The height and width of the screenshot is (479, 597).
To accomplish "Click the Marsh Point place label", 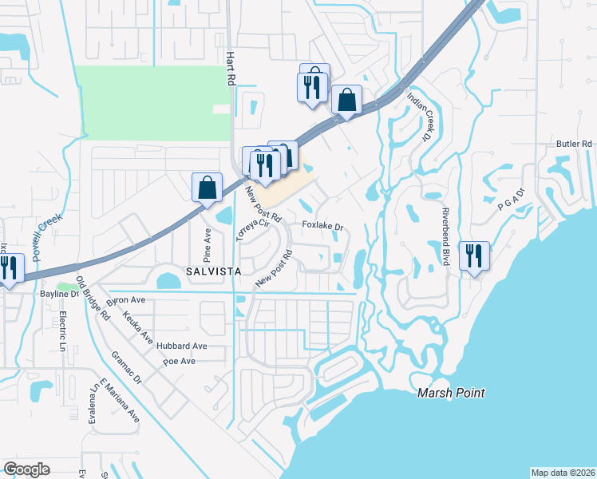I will (451, 393).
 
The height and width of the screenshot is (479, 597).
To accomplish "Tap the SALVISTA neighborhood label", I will (214, 271).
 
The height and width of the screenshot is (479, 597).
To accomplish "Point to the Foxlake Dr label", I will (322, 226).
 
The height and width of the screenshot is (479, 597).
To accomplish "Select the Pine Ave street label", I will (208, 244).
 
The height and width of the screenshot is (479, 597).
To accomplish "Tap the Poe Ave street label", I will (179, 361).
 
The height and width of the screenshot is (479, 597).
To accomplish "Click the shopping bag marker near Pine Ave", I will (207, 188).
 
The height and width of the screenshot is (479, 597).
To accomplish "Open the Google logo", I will (26, 469).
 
